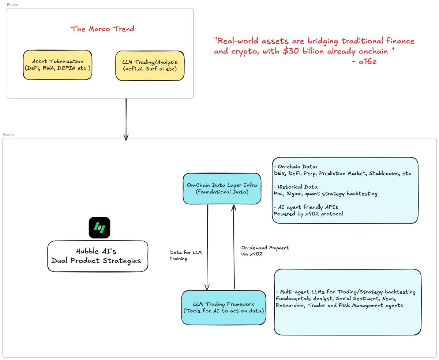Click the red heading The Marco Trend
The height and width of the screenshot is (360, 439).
pos(102,29)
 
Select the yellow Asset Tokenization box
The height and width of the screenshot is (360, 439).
pos(57,65)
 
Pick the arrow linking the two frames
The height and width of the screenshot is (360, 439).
pos(126,119)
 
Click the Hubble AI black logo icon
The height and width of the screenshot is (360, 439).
pos(100,228)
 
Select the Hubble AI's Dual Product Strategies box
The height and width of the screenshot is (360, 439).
pos(98,256)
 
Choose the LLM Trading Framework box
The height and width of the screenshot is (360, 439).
pos(224,307)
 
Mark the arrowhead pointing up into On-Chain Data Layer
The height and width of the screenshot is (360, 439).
pos(234,207)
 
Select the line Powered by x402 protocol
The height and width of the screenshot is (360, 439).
pos(308,214)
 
